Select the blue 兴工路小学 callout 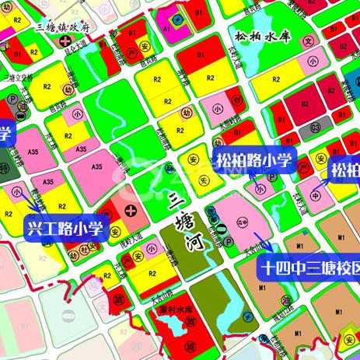pyautogui.click(x=65, y=229)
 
